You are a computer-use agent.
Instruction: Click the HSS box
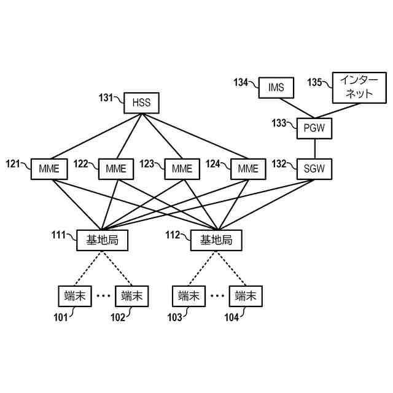click(x=141, y=103)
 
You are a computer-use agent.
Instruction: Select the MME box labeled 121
click(x=49, y=168)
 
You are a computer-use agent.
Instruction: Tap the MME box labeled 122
click(x=115, y=168)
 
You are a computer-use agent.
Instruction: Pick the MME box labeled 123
click(x=182, y=168)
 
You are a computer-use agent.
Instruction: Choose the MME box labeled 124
click(x=248, y=168)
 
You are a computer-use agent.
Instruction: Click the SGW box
click(x=314, y=168)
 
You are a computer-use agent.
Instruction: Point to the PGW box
click(x=314, y=128)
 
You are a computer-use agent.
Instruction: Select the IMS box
click(x=276, y=88)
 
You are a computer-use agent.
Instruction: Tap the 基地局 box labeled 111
click(x=102, y=241)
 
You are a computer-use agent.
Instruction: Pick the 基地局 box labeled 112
click(x=216, y=241)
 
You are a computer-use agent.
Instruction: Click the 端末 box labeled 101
click(x=74, y=297)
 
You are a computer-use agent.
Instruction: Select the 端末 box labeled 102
click(x=132, y=297)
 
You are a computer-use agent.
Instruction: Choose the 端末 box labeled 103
click(x=189, y=297)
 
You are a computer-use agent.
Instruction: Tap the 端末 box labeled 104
click(x=245, y=297)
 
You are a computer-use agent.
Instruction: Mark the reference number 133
click(x=279, y=123)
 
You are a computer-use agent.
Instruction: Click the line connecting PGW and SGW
click(x=314, y=148)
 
